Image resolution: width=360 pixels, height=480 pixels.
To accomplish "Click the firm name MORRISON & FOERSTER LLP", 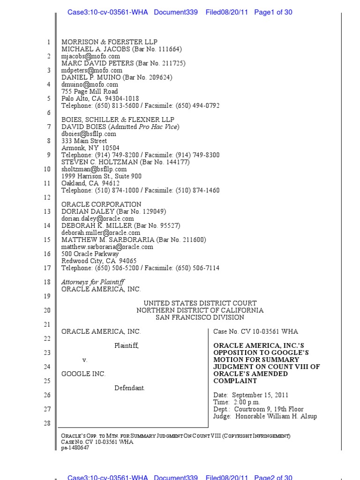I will pos(101,42).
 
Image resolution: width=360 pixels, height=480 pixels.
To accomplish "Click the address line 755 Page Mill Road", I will pos(90,91).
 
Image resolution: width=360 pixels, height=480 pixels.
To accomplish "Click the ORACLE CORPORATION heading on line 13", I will pos(101,204).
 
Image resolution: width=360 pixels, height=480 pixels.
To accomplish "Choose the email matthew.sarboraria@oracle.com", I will pos(107,247).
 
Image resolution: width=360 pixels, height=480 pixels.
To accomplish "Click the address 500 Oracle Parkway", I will pos(90,254).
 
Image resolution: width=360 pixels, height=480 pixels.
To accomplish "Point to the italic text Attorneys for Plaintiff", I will pos(93,282).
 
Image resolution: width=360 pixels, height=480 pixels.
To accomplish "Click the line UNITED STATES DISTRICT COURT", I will pos(200,303).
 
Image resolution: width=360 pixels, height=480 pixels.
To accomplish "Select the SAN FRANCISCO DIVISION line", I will pos(200,317).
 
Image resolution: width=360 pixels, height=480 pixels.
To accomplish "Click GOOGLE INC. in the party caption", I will pos(83,374).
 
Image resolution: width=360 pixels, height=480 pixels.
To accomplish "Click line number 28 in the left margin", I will pos(47,423).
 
